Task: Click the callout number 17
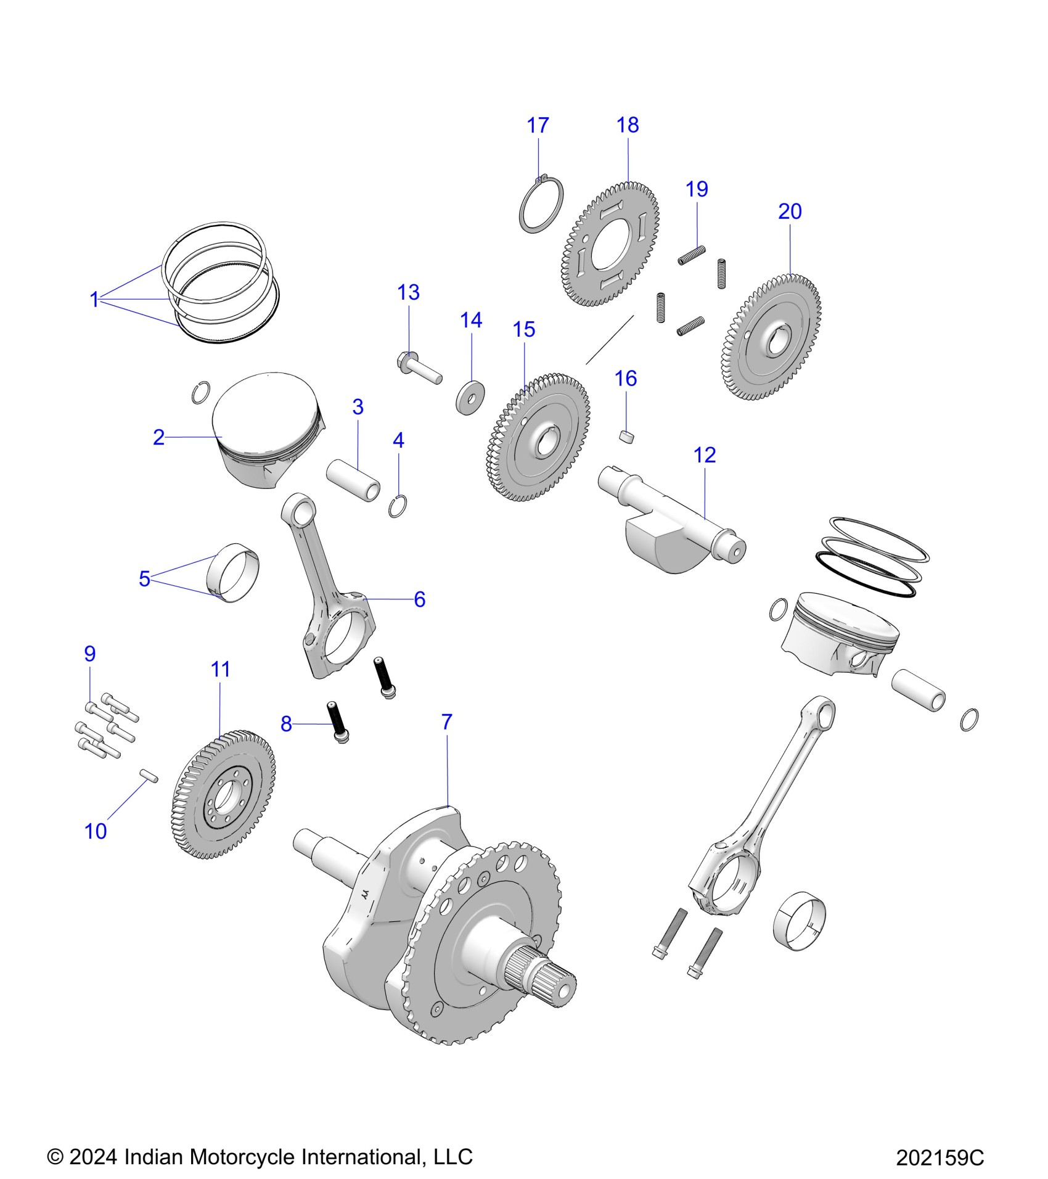tap(538, 126)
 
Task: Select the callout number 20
tap(790, 212)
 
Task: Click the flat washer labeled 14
tap(470, 398)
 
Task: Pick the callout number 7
tap(447, 721)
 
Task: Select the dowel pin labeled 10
tap(149, 774)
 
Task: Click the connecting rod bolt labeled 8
tap(338, 721)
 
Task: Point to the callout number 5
tap(144, 579)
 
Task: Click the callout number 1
tap(94, 300)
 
